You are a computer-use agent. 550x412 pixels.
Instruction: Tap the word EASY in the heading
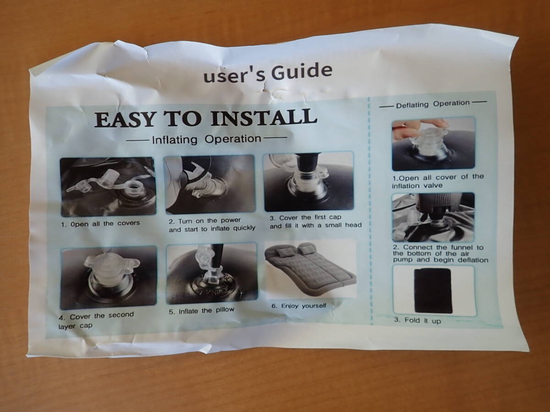pos(125,120)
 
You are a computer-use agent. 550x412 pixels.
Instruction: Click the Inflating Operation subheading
pos(207,139)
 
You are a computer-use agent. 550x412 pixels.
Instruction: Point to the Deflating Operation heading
pos(433,104)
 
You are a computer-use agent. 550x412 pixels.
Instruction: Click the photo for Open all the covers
pos(108,187)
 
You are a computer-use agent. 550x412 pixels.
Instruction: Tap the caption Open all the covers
pos(100,223)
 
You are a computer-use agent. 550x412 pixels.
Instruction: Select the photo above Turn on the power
pos(210,184)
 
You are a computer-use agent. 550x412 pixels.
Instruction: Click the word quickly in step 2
pos(244,228)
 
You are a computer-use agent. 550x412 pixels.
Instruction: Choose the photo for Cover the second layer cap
pos(109,278)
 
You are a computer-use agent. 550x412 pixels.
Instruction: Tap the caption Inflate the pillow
pos(202,311)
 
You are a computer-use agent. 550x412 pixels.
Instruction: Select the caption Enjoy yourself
pos(299,306)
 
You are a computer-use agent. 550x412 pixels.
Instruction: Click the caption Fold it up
pos(418,320)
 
